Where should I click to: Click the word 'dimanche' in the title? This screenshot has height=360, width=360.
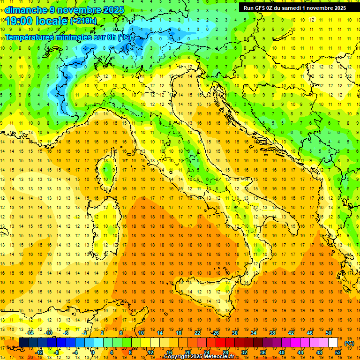(22, 10)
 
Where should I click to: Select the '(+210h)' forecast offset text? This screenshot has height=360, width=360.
(83, 21)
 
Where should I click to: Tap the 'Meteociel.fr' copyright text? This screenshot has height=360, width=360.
(222, 357)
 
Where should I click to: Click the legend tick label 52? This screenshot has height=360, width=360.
(338, 352)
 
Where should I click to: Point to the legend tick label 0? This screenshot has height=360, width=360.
(93, 352)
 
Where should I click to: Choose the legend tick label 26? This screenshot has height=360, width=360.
(216, 333)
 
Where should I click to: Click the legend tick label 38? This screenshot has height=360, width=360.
(272, 333)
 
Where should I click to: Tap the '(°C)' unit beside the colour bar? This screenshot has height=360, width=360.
(349, 343)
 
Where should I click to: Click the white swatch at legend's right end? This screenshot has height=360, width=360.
(333, 343)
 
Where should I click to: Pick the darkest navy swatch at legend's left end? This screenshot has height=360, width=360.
(23, 343)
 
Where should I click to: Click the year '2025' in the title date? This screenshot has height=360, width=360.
(114, 10)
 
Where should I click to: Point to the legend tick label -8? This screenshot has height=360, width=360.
(57, 352)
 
